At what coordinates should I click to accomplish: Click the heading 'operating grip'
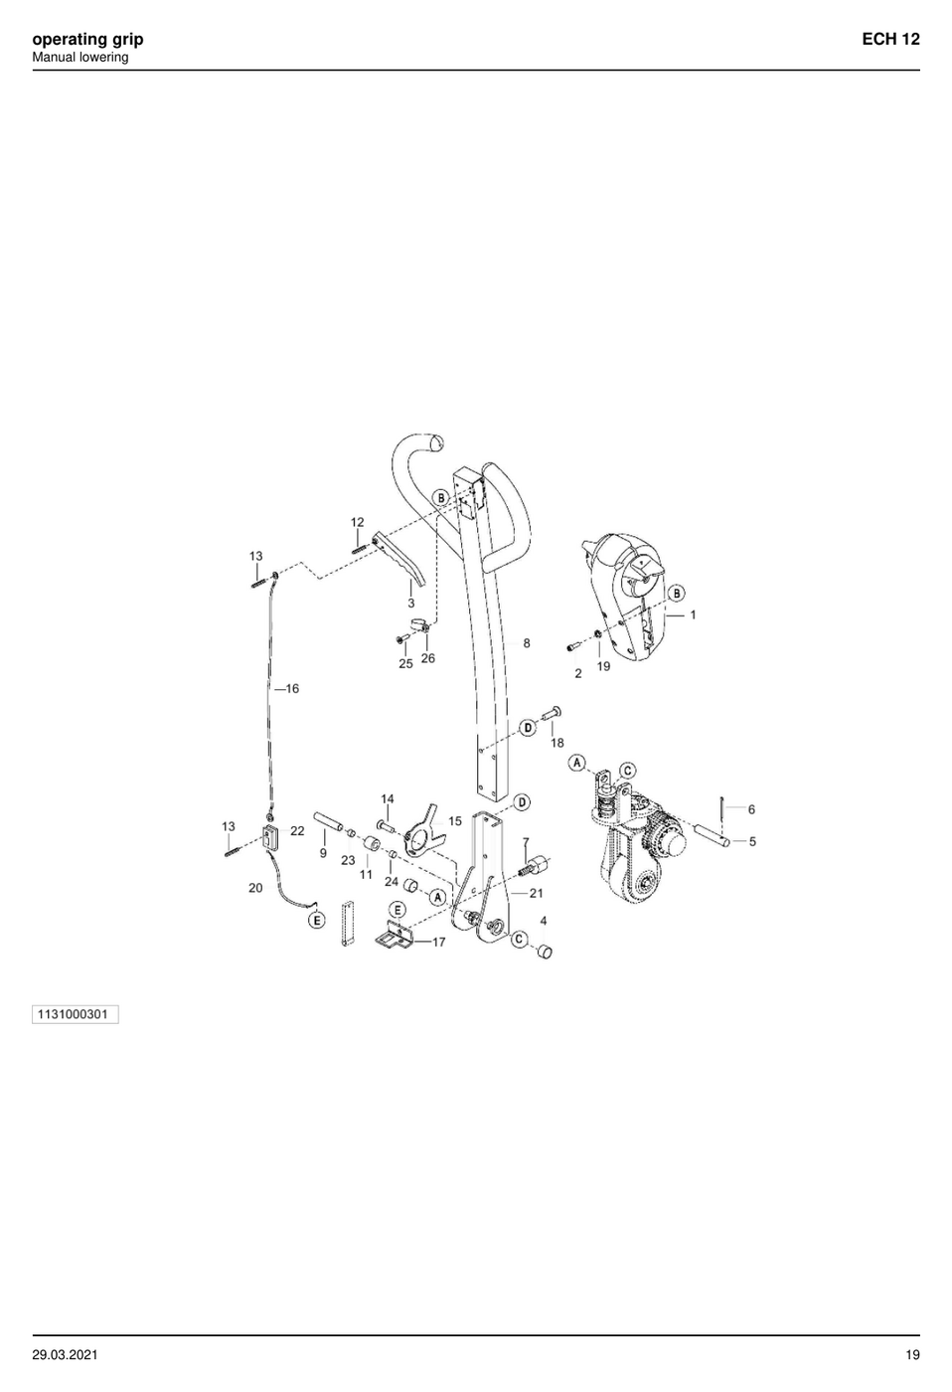coord(87,40)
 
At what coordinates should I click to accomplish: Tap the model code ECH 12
coord(890,39)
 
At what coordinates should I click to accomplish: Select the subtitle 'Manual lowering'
coord(80,58)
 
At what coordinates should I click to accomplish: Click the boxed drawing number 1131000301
coord(76,1014)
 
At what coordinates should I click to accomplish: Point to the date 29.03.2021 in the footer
coord(65,1355)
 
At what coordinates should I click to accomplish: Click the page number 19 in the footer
coord(912,1355)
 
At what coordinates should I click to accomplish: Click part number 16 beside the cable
coord(292,688)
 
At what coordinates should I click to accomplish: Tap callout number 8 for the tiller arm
coord(527,643)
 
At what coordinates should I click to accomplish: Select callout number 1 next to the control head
coord(693,615)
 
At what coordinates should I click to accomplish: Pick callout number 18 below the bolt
coord(557,743)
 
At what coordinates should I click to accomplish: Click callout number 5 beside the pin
coord(752,842)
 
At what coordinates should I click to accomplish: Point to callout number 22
coord(297,831)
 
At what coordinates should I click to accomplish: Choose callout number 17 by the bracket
coord(438,943)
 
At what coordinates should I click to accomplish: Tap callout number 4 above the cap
coord(544,921)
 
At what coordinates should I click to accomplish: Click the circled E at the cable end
coord(317,920)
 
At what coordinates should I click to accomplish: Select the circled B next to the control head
coord(677,594)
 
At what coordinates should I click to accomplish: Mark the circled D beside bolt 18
coord(528,727)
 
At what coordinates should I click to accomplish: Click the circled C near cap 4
coord(519,940)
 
